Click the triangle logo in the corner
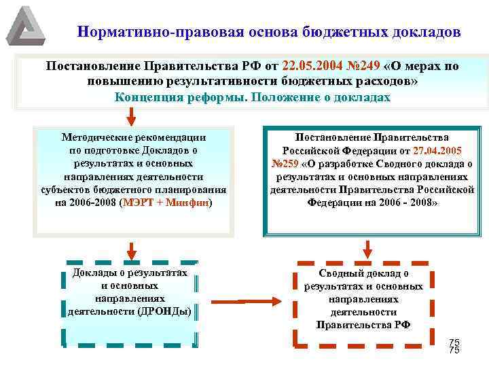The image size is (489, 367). tap(26, 25)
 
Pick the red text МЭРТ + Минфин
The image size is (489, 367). tap(166, 203)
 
